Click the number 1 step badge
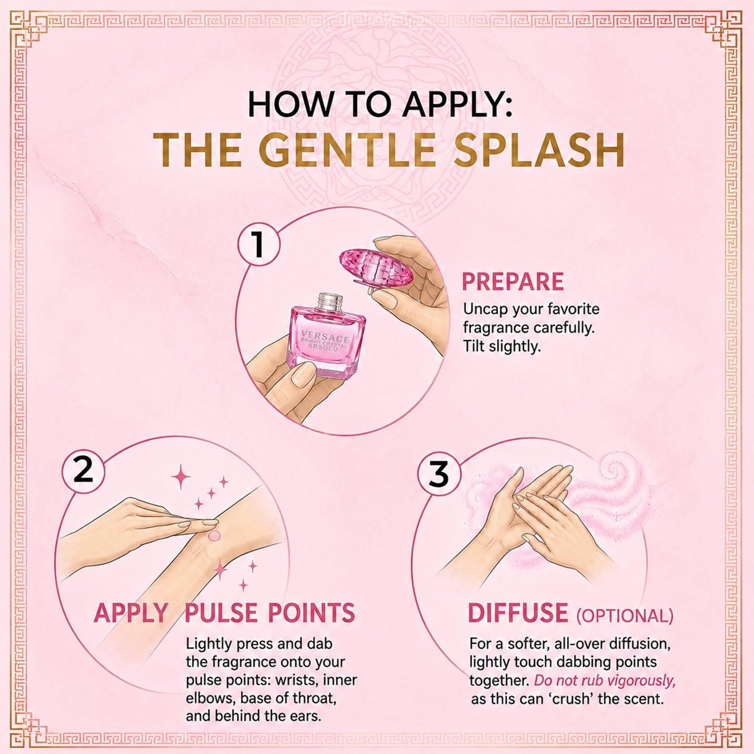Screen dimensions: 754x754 tap(259, 245)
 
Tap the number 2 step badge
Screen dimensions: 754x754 tap(83, 471)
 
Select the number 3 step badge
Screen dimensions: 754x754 tap(439, 474)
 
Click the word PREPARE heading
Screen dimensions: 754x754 tap(512, 281)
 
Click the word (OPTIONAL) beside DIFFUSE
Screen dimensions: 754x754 tap(625, 616)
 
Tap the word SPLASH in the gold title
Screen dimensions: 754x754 tap(539, 150)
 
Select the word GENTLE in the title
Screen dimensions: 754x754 tap(347, 150)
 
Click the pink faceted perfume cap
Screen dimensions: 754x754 tap(376, 268)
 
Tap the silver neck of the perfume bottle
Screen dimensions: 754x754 tap(330, 302)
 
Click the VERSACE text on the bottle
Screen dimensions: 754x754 tap(325, 336)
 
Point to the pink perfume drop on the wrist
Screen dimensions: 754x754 tap(213, 536)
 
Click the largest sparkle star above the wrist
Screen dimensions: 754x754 tap(181, 476)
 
